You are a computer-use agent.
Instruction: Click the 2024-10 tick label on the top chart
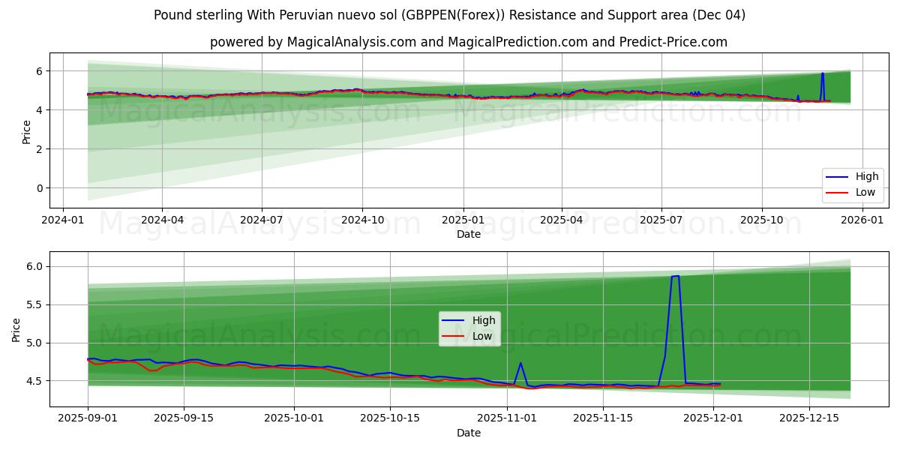(362, 220)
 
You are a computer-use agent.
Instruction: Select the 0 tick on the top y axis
(40, 188)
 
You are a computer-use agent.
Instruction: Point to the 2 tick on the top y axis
(40, 149)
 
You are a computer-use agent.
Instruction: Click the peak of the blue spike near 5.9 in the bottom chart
(675, 277)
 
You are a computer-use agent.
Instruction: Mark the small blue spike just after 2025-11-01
(520, 363)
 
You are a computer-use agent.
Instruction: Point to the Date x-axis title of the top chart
(469, 234)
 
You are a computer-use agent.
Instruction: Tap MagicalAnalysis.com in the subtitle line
(352, 42)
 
